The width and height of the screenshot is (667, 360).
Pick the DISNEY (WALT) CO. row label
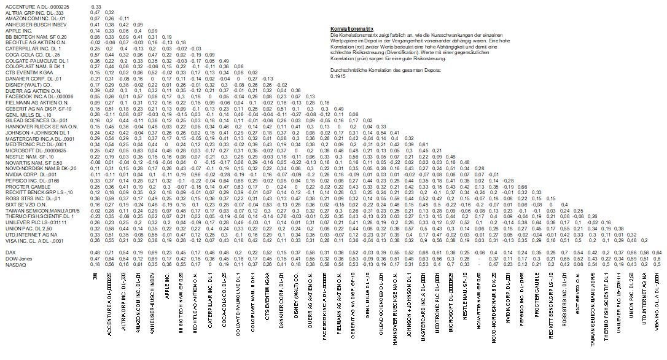[x=24, y=84]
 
